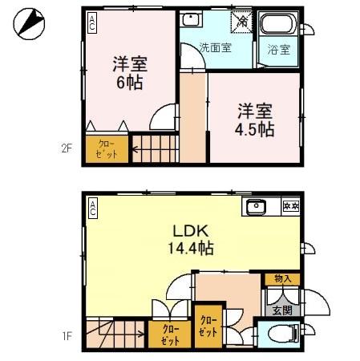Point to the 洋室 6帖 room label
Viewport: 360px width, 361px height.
click(129, 73)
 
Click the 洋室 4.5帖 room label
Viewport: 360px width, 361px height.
click(255, 120)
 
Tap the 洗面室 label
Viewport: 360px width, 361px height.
click(215, 47)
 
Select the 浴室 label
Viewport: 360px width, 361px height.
click(279, 48)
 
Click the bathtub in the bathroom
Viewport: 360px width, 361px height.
click(280, 23)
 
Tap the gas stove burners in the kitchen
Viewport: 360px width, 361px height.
click(289, 208)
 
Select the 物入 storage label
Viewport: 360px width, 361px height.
click(282, 279)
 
